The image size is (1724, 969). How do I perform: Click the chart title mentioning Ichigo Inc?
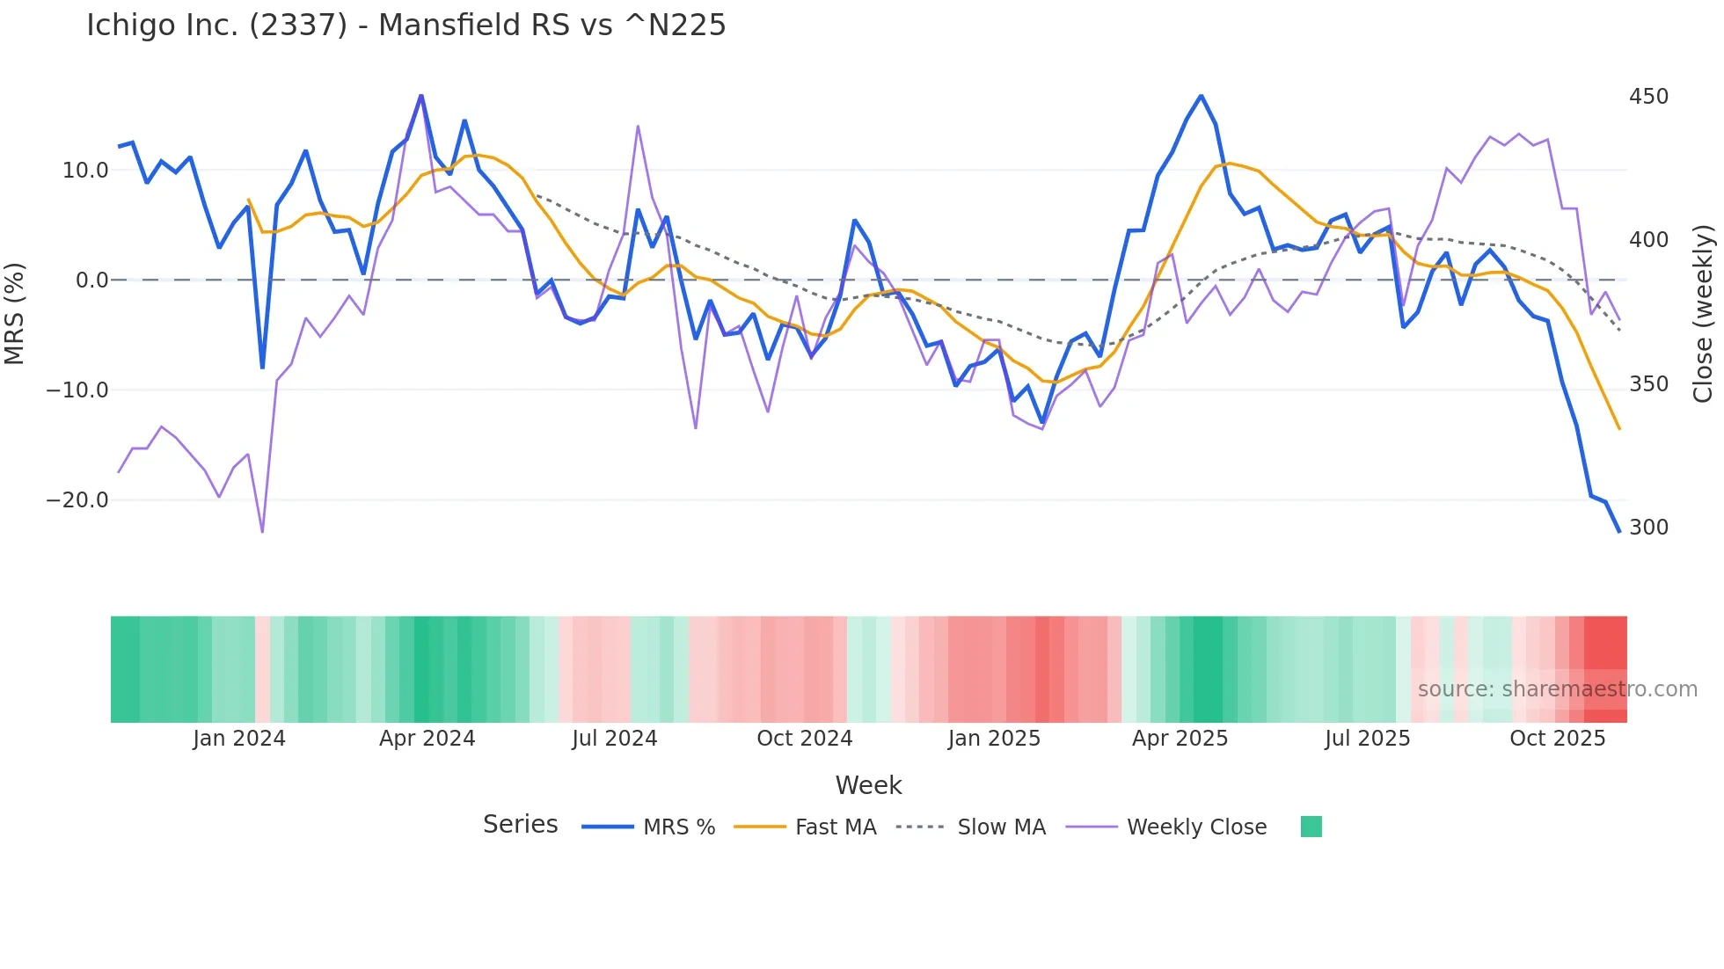coord(405,25)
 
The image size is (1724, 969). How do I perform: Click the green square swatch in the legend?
coord(1311,827)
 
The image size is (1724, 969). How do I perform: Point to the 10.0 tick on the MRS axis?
coord(85,171)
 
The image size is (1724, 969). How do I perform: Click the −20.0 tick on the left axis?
coord(77,500)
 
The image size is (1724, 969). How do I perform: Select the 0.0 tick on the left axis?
coord(91,280)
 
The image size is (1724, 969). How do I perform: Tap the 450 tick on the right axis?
coord(1648,97)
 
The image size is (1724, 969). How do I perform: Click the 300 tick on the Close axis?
coord(1648,528)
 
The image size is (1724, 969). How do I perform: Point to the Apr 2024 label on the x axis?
coord(427,739)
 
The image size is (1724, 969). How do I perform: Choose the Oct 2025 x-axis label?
coord(1557,739)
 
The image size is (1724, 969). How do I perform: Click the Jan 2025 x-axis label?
coord(994,739)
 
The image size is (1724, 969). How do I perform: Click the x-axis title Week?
coord(868,785)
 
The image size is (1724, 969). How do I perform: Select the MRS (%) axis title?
coord(15,314)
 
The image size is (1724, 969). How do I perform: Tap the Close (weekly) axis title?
coord(1703,314)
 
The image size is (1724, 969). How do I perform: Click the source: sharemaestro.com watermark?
coord(1557,689)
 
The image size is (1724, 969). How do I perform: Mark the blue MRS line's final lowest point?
coord(1618,531)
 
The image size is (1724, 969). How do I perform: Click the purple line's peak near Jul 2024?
coord(638,127)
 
